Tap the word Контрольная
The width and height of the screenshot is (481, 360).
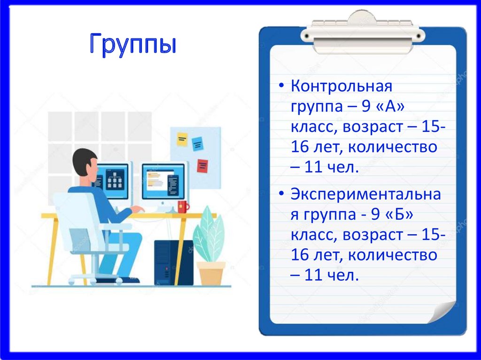(x=341, y=87)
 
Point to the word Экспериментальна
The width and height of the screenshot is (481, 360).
(x=366, y=194)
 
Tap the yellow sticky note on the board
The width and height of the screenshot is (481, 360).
(x=182, y=139)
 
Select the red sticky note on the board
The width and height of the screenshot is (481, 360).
(x=202, y=166)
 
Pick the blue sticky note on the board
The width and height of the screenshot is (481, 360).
(x=197, y=143)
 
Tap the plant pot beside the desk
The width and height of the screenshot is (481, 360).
(x=211, y=273)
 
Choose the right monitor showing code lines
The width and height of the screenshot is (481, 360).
(x=163, y=181)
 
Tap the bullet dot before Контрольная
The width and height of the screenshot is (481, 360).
(x=281, y=87)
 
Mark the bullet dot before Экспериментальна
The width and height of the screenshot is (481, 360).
(x=281, y=195)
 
